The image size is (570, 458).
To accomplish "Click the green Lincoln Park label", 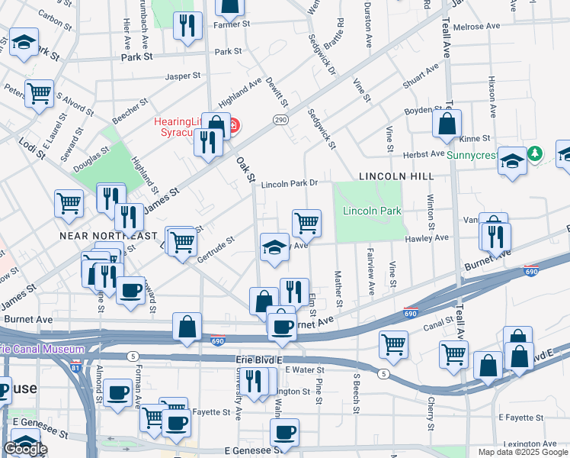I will [372, 211].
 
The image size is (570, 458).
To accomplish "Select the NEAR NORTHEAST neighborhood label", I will [108, 236].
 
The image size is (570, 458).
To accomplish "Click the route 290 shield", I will [280, 120].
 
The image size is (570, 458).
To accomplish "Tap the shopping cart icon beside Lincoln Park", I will [306, 223].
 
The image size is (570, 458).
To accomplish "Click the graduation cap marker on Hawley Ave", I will [274, 247].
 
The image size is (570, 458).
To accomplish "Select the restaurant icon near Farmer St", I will [187, 25].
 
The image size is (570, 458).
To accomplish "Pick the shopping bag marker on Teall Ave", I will [447, 122].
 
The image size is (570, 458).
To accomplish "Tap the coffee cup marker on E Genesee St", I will [285, 433].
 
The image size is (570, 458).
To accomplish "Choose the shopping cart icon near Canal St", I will [394, 344].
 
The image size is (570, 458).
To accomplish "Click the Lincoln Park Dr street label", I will [289, 185].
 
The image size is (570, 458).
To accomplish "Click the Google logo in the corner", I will [25, 450].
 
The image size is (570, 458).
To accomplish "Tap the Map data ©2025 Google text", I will [522, 452].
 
